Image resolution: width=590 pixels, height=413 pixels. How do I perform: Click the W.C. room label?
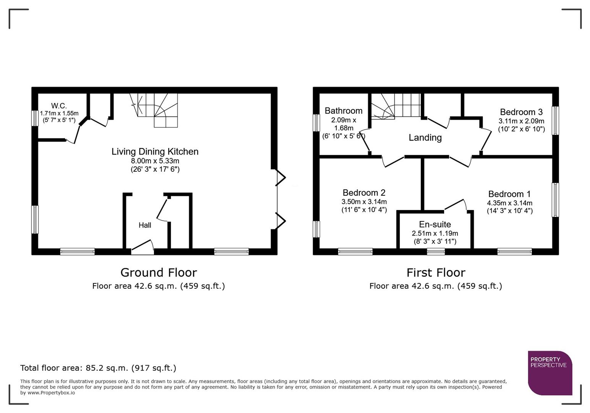[x=59, y=106]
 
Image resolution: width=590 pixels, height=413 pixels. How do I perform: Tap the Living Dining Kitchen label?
[x=155, y=151]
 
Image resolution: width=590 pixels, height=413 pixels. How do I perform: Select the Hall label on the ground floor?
[x=145, y=225]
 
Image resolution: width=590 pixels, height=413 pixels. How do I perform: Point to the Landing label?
[x=425, y=138]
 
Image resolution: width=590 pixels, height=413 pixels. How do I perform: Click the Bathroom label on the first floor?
[x=344, y=111]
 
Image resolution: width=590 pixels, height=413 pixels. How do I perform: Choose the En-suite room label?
[x=435, y=224]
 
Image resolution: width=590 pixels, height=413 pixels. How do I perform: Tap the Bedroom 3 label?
[x=521, y=112]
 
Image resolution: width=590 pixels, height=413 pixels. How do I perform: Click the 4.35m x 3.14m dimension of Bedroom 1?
[x=509, y=203]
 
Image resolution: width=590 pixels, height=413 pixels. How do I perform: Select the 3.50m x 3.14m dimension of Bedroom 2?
[x=364, y=202]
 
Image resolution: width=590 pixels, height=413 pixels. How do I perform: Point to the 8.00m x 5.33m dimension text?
[x=155, y=161]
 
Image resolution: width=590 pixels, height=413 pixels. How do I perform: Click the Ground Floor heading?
[x=159, y=273]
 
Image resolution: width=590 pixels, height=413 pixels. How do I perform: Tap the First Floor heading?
[x=436, y=273]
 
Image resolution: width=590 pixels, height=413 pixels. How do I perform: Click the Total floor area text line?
[x=98, y=368]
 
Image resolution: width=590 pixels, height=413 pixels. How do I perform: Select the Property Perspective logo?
[x=549, y=373]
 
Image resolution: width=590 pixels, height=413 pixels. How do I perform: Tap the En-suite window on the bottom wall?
[x=436, y=251]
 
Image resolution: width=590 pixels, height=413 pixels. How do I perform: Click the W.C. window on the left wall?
[x=35, y=118]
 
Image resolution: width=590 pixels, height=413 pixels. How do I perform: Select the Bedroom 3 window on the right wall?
[x=555, y=120]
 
